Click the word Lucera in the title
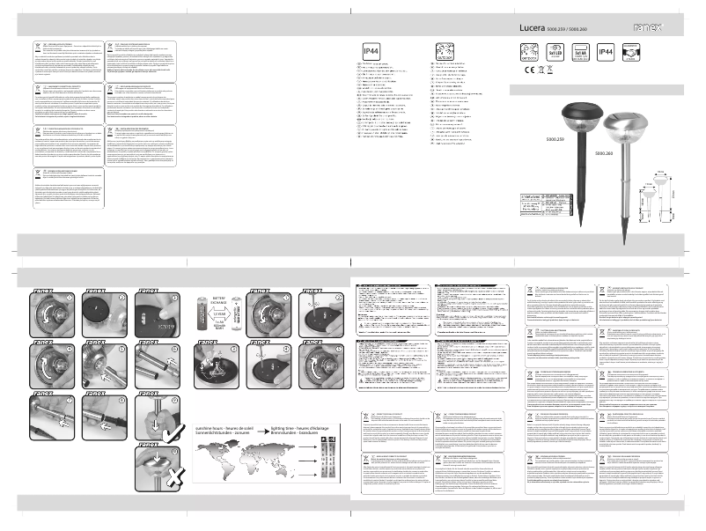531,28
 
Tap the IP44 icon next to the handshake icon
606,52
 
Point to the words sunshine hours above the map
213,426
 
